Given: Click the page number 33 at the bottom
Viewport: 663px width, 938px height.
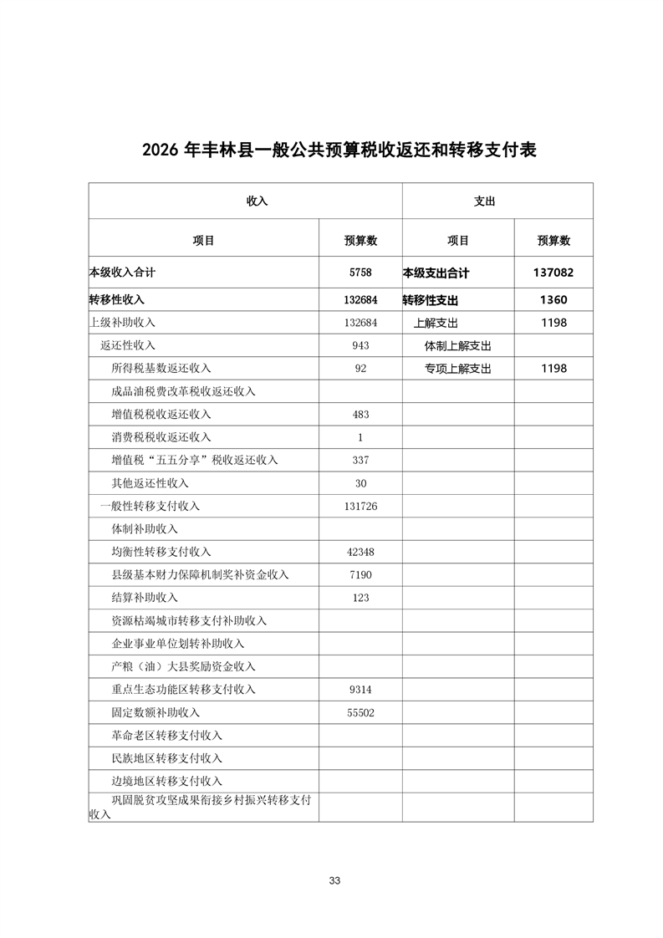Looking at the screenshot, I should pos(334,880).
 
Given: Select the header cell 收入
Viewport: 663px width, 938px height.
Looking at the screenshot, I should pos(257,201).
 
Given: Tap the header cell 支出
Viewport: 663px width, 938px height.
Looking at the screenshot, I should pos(485,201).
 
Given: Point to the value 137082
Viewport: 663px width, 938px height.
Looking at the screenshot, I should pos(553,273).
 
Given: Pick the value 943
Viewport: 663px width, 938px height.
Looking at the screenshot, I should pos(360,345).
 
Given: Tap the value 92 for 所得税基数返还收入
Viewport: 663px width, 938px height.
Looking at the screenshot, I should pos(360,368).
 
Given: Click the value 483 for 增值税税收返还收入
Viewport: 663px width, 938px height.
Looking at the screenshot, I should pos(360,414).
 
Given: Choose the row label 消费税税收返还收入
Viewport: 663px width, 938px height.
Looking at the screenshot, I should pos(161,437).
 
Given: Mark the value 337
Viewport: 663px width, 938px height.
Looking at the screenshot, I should pos(360,460).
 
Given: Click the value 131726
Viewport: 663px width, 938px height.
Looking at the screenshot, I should pos(360,506).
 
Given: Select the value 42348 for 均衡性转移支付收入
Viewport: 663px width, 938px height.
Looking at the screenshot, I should pos(360,552).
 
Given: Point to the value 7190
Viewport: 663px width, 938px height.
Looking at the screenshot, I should pos(360,574).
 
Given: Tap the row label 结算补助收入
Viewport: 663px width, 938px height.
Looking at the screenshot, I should pos(145,598).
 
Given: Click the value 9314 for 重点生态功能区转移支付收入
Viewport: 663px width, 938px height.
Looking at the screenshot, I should pos(360,690).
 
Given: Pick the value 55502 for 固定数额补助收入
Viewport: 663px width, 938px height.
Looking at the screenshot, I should pos(360,712).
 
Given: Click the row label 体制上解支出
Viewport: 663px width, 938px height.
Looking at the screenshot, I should pos(457,345).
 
